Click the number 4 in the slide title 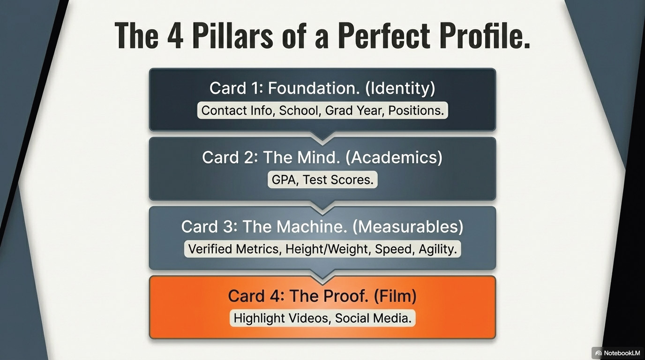175,36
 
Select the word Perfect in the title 384,35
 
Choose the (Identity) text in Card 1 400,88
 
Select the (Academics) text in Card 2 394,157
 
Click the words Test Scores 338,180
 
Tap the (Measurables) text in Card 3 408,227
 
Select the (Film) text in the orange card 395,296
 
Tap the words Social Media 373,318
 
